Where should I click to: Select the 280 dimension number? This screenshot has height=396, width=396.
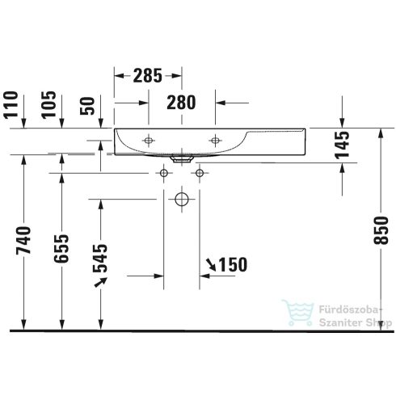click(181, 103)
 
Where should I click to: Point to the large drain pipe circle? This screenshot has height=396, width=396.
click(181, 198)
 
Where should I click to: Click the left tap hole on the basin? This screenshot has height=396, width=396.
click(148, 141)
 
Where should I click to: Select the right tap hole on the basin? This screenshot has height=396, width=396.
click(216, 141)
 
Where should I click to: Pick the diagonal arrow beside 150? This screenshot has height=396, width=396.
click(211, 263)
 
